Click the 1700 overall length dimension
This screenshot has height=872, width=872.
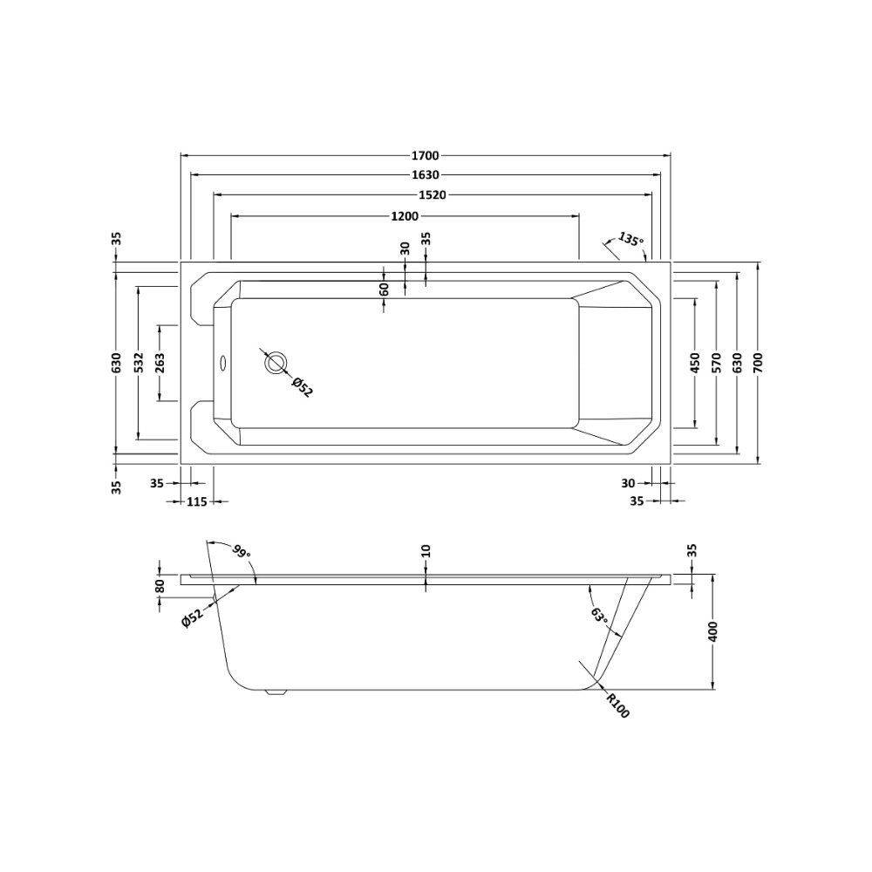point(426,156)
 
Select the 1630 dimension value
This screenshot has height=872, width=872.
point(426,175)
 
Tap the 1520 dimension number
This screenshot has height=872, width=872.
point(433,195)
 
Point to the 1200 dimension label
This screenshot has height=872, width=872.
point(405,216)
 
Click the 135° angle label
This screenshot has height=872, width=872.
point(630,240)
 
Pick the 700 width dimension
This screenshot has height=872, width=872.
point(760,362)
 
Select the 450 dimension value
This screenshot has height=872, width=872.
point(695,363)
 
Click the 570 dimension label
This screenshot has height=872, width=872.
point(716,363)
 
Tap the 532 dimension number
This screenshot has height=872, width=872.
point(139,362)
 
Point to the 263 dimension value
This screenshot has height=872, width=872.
point(160,362)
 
